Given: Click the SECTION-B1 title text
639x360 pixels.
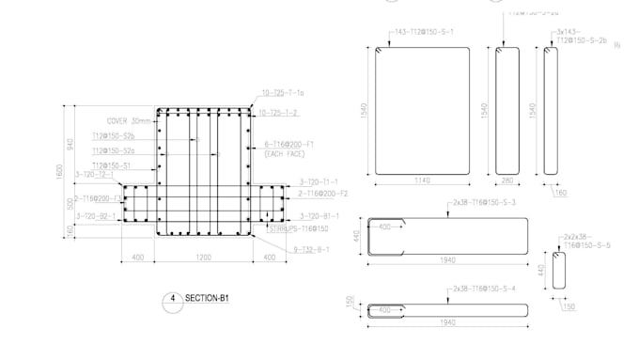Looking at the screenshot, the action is click(x=209, y=298).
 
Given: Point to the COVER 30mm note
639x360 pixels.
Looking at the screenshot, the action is click(x=129, y=121).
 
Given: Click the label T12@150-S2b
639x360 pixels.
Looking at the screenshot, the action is click(x=113, y=136).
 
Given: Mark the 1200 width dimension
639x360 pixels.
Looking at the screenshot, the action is click(x=204, y=257).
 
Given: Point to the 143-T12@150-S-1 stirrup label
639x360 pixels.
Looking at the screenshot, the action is click(x=424, y=31).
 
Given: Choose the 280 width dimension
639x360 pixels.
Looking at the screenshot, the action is click(x=508, y=180).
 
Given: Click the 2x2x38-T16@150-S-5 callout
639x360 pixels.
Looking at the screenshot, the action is click(x=587, y=241).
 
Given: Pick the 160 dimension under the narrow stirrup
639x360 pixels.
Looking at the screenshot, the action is click(x=561, y=194).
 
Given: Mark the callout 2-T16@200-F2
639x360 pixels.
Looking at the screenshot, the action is click(x=323, y=194).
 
